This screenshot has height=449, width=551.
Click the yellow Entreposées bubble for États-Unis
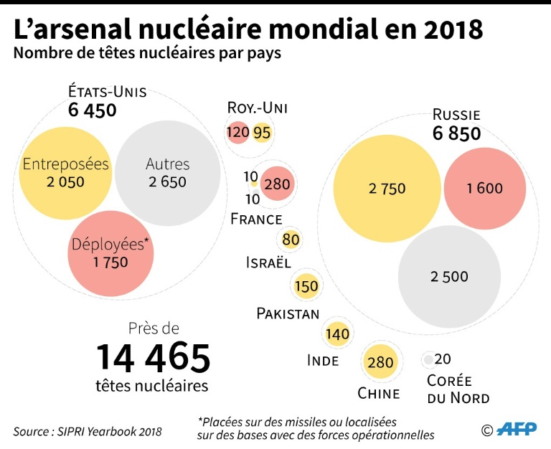pyautogui.click(x=65, y=173)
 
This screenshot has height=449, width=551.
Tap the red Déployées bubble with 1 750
pyautogui.click(x=110, y=252)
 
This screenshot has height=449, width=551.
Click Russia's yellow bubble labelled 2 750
pyautogui.click(x=387, y=189)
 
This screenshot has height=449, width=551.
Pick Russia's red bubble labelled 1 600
pyautogui.click(x=484, y=189)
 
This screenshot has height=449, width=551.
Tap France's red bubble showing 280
pyautogui.click(x=277, y=184)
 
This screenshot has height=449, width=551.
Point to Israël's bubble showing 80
pyautogui.click(x=291, y=240)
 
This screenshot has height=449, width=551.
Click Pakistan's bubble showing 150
pyautogui.click(x=306, y=286)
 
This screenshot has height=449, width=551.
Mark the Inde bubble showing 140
pyautogui.click(x=337, y=334)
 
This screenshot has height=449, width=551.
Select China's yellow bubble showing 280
pyautogui.click(x=380, y=362)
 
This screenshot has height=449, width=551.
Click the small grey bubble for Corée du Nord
pyautogui.click(x=428, y=359)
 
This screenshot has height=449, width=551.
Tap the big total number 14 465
pyautogui.click(x=154, y=357)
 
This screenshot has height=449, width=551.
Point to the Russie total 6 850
pyautogui.click(x=456, y=133)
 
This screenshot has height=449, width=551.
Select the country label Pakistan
pyautogui.click(x=288, y=313)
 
